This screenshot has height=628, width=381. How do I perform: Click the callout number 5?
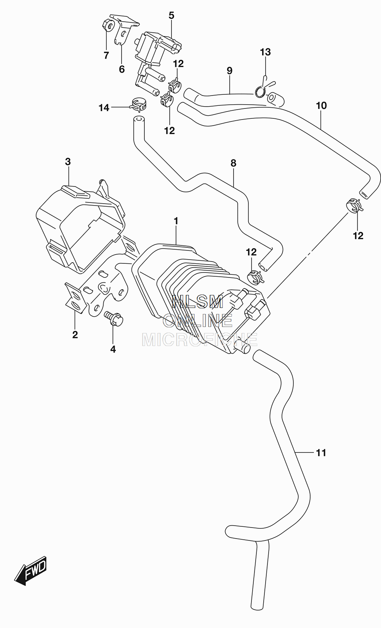(171, 16)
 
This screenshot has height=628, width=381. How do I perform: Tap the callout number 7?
(106, 56)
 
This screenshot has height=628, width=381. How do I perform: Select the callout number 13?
(265, 52)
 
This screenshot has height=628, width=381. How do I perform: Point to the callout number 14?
(104, 108)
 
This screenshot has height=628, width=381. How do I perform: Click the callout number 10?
(321, 106)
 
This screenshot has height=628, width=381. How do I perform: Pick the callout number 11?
(321, 453)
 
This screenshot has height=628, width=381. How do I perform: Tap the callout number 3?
(68, 162)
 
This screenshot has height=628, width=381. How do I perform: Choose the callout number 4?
(113, 349)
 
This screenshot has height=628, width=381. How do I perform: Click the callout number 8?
(234, 163)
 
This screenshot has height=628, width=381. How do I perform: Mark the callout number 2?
(75, 335)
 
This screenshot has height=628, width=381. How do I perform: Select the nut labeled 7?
(108, 25)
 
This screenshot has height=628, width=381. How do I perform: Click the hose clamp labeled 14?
(139, 104)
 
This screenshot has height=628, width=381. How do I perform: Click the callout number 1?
(176, 221)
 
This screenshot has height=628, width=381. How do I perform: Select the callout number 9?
(229, 71)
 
